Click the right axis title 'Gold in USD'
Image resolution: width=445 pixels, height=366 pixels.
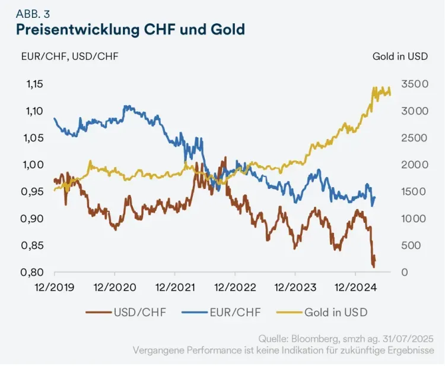tap(400, 56)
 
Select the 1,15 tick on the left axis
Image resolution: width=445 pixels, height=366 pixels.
tap(34, 84)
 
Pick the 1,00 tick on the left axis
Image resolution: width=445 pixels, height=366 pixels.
tap(34, 165)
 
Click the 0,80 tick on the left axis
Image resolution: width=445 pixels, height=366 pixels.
tap(34, 272)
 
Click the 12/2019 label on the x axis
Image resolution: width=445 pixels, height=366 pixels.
tap(55, 288)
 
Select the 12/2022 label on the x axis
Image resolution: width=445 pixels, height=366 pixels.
tap(235, 288)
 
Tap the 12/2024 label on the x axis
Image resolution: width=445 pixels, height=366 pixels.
tap(355, 288)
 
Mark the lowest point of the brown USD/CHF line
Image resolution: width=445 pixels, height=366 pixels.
tap(374, 267)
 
